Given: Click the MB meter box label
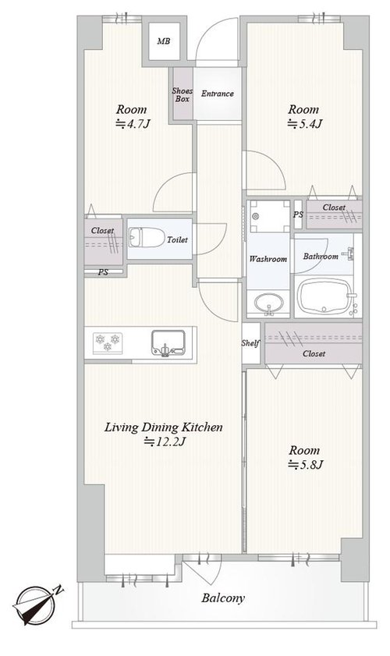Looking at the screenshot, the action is tap(163, 41).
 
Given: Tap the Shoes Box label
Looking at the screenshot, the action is tap(183, 94).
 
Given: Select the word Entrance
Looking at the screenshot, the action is tap(217, 94).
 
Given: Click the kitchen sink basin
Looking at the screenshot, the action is tap(168, 343).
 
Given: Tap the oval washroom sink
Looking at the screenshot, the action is tap(268, 302).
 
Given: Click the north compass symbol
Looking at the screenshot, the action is tap(37, 604).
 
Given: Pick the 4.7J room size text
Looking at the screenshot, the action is tap(133, 124).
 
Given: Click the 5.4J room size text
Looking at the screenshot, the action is tap(305, 124).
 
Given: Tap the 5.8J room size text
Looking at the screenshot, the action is tap(306, 464).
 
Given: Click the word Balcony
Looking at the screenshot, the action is tap(223, 598).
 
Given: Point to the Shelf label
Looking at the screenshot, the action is tap(250, 343).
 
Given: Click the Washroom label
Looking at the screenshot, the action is tap(268, 259).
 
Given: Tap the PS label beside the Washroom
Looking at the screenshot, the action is tap(298, 215).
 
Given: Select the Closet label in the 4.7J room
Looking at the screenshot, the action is tap(102, 231).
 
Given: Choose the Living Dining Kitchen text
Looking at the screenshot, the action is tap(163, 427).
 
